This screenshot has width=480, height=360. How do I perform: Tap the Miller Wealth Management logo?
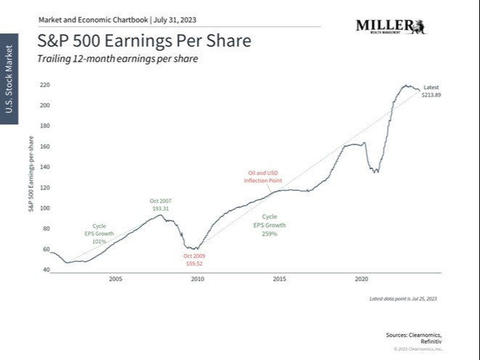pos(391,27)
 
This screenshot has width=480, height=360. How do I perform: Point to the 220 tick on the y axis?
pos(44,85)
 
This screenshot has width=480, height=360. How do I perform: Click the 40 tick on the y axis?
pos(46,270)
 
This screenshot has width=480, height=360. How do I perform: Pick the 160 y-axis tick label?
pos(44,147)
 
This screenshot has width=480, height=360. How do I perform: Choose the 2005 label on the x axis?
pos(115,278)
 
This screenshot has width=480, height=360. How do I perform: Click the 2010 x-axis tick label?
pos(197,278)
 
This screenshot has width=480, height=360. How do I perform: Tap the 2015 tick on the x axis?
pos(279,278)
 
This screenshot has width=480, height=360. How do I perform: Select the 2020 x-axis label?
pos(361,278)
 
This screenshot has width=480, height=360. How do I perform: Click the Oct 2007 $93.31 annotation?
pos(160,205)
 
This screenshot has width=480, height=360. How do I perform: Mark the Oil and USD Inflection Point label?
pos(262,176)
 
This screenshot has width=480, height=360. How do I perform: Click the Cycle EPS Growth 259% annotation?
pos(269,224)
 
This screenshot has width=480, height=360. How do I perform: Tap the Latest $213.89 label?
pos(431,91)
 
